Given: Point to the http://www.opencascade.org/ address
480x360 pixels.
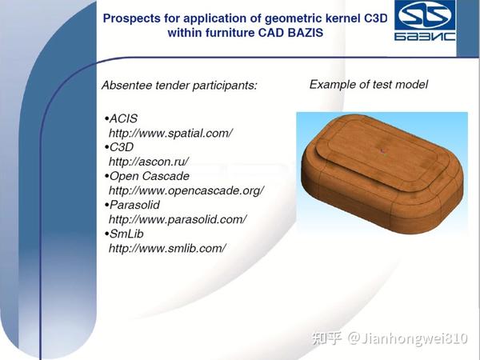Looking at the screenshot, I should (x=186, y=190).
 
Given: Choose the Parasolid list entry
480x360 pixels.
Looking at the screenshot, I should (x=133, y=205).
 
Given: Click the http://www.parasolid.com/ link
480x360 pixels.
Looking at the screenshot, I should (x=177, y=219).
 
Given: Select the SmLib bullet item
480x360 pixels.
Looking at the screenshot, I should (x=124, y=234).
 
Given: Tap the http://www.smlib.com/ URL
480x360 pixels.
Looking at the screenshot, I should (x=167, y=248).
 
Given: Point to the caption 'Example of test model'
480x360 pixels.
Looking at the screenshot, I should (x=368, y=84).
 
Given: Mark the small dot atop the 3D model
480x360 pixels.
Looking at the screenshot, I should (x=384, y=149).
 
